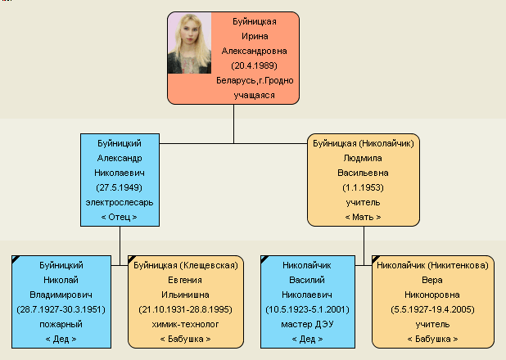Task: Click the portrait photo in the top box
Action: [189, 43]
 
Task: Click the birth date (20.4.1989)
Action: [255, 65]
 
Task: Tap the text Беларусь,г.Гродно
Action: [255, 80]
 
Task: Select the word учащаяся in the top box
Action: [255, 95]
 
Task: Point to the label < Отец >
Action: [119, 217]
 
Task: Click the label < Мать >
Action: [363, 217]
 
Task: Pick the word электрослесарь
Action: [120, 203]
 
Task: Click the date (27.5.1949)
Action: [119, 187]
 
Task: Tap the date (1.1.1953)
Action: [363, 187]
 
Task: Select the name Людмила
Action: [363, 158]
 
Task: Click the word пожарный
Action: [61, 324]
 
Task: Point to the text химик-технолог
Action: [185, 324]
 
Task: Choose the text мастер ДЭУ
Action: [307, 324]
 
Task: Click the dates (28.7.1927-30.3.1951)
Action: [61, 309]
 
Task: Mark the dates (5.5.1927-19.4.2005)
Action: [432, 309]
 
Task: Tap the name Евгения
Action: [185, 280]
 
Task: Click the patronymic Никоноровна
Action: [432, 295]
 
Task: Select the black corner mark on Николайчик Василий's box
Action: [264, 259]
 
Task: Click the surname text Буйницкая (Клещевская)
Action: [186, 265]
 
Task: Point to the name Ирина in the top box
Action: [255, 36]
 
